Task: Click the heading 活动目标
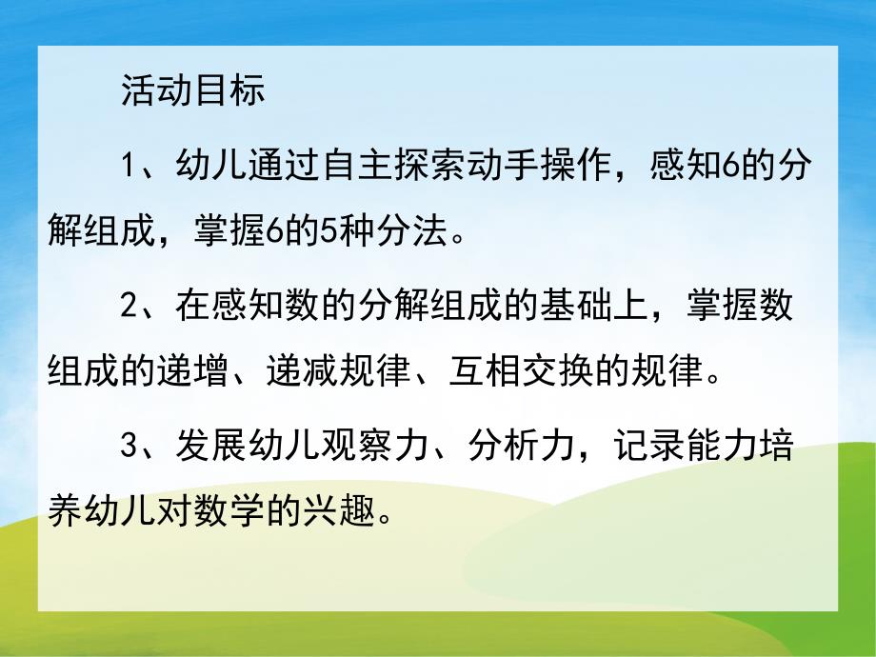(192, 91)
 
